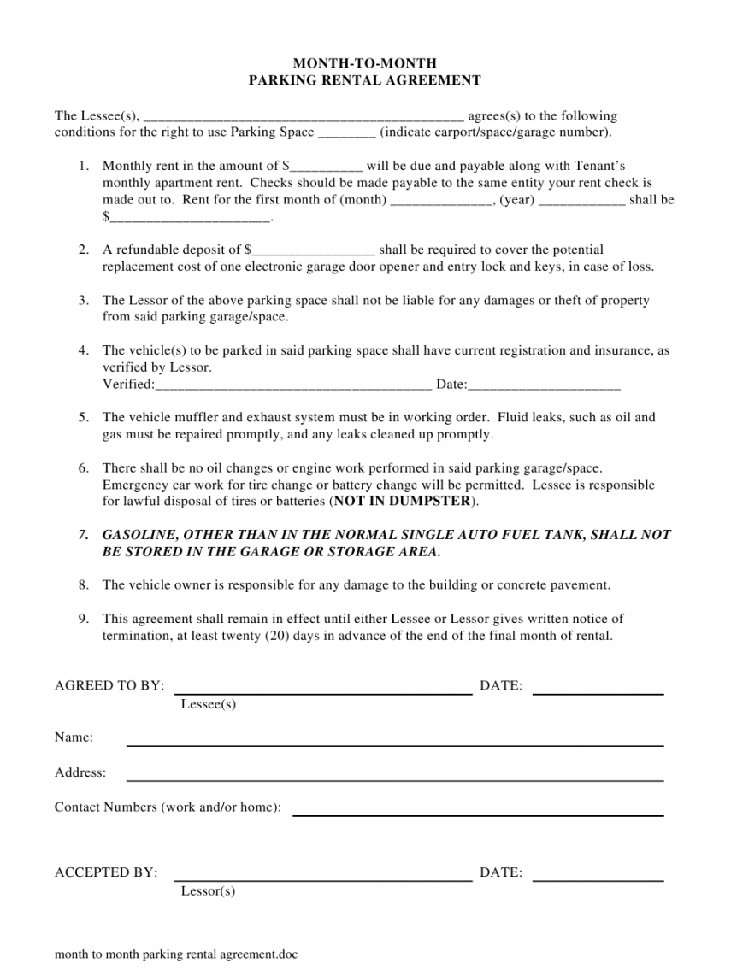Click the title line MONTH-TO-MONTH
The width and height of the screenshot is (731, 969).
(x=365, y=63)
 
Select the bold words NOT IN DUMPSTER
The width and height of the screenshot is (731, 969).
(x=403, y=502)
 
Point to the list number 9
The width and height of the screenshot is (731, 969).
(x=84, y=619)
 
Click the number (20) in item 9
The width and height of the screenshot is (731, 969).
(x=278, y=636)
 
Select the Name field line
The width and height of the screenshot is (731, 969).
(x=395, y=744)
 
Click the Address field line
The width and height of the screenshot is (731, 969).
(x=395, y=779)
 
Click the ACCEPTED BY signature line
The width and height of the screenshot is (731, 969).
(x=323, y=879)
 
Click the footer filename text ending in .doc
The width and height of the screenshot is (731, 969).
(x=176, y=954)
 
